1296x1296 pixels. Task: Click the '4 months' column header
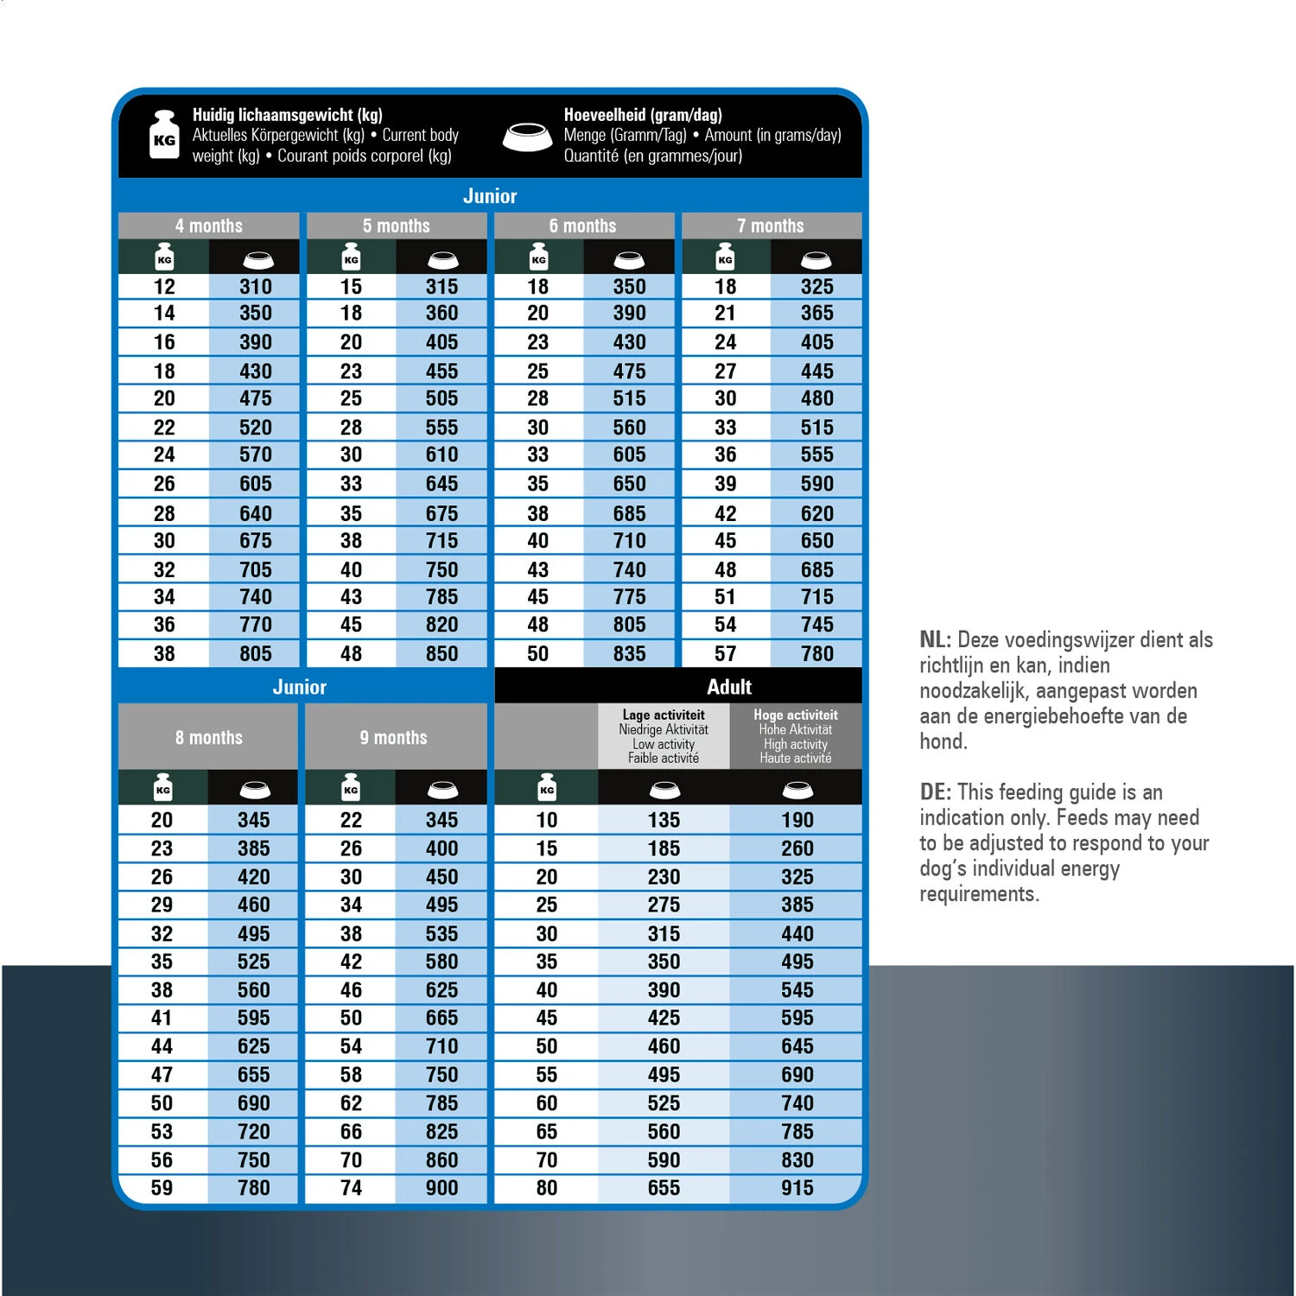(209, 226)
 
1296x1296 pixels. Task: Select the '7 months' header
(771, 226)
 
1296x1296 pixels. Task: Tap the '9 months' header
(394, 738)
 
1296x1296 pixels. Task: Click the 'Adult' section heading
(729, 687)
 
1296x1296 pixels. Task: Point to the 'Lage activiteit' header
(664, 715)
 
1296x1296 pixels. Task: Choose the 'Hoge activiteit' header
(796, 715)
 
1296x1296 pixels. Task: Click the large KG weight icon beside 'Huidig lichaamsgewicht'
(164, 135)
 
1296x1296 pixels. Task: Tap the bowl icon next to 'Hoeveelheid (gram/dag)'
(527, 137)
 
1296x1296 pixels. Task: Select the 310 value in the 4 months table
(256, 287)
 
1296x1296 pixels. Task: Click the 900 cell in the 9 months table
(442, 1188)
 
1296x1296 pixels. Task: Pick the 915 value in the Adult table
(797, 1188)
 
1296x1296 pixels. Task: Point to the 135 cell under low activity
(664, 820)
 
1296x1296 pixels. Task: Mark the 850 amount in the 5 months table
(442, 654)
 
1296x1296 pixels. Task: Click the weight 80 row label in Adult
(546, 1188)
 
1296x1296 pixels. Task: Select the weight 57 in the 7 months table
(725, 654)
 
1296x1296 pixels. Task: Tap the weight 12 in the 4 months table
(164, 287)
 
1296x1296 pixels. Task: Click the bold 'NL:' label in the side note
(936, 640)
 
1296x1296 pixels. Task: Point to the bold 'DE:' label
(936, 792)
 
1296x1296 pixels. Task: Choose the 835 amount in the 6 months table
(629, 654)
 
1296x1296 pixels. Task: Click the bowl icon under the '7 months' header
(816, 259)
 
